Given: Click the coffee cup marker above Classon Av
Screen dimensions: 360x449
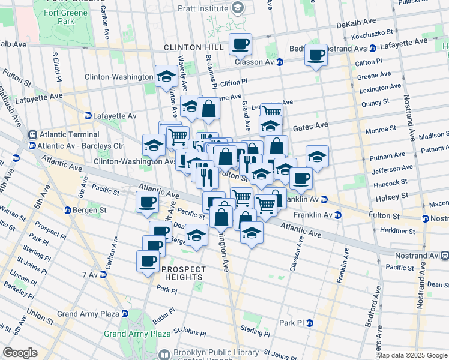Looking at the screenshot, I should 240,44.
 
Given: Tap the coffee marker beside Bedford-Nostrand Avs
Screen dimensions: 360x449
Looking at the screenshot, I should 316,55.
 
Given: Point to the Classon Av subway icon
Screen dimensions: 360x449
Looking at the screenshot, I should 280,62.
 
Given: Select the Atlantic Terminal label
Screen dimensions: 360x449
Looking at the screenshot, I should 64,134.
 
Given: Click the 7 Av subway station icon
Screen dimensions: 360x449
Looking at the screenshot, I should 103,274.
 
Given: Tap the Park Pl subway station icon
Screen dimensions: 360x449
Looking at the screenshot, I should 310,323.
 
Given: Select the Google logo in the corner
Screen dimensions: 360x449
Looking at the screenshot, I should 20,353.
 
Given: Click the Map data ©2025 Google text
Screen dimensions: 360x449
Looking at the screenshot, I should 412,355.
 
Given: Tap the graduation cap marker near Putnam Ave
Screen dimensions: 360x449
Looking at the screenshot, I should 317,157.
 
